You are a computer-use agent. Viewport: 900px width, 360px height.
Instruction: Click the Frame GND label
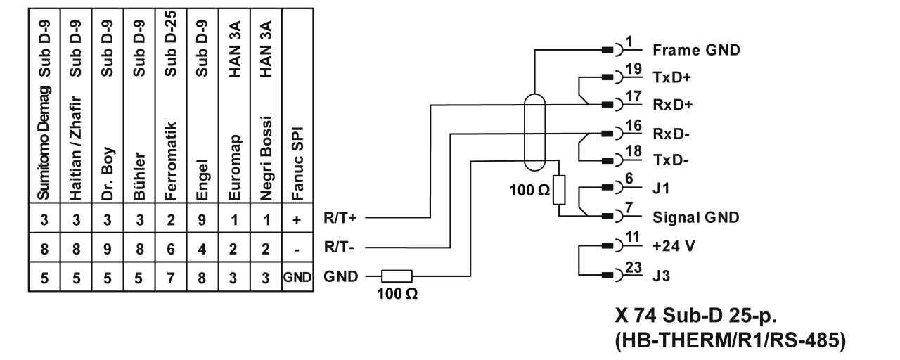click(x=696, y=51)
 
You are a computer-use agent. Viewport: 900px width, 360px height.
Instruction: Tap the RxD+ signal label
click(x=673, y=106)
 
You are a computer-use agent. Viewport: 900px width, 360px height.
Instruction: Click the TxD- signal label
click(x=671, y=161)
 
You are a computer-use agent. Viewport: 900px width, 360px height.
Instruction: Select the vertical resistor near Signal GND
click(x=559, y=191)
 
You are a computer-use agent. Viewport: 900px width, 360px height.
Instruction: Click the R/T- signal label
click(x=339, y=247)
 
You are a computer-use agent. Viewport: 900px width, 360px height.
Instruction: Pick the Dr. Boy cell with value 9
click(x=107, y=247)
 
